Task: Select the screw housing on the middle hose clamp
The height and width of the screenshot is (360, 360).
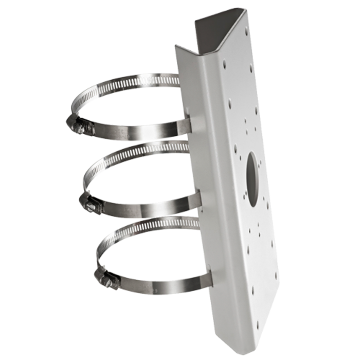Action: tap(88, 201)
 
